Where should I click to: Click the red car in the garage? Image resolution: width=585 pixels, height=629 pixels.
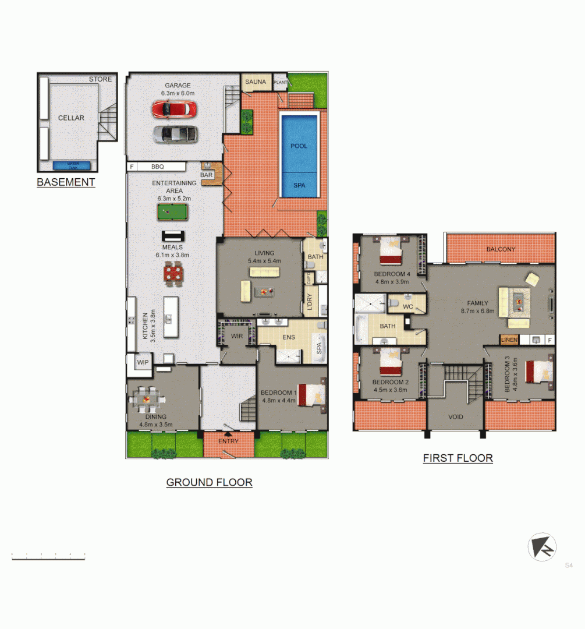tap(174, 109)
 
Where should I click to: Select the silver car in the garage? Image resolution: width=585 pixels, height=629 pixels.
tap(174, 134)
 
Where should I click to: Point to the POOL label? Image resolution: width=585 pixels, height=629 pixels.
tap(299, 146)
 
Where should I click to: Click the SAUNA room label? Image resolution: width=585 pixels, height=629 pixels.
tap(256, 82)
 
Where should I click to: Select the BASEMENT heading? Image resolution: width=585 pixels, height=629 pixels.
tap(66, 182)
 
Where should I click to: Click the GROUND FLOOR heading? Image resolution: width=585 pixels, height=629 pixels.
tap(209, 482)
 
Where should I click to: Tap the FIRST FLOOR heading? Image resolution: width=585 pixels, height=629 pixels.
tap(458, 458)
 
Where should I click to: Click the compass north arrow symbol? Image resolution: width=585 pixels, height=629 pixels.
tap(542, 547)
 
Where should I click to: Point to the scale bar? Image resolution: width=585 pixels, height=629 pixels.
tap(48, 557)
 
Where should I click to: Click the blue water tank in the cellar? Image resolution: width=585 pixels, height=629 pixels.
tap(72, 165)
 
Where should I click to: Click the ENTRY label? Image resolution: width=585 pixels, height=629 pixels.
tap(228, 441)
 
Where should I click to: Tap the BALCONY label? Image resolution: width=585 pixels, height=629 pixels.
tap(501, 249)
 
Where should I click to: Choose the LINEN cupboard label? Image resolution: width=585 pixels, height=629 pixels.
tap(509, 339)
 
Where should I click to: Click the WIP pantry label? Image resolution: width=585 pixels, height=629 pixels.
tap(143, 362)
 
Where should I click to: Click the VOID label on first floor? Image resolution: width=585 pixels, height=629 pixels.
tap(455, 418)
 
